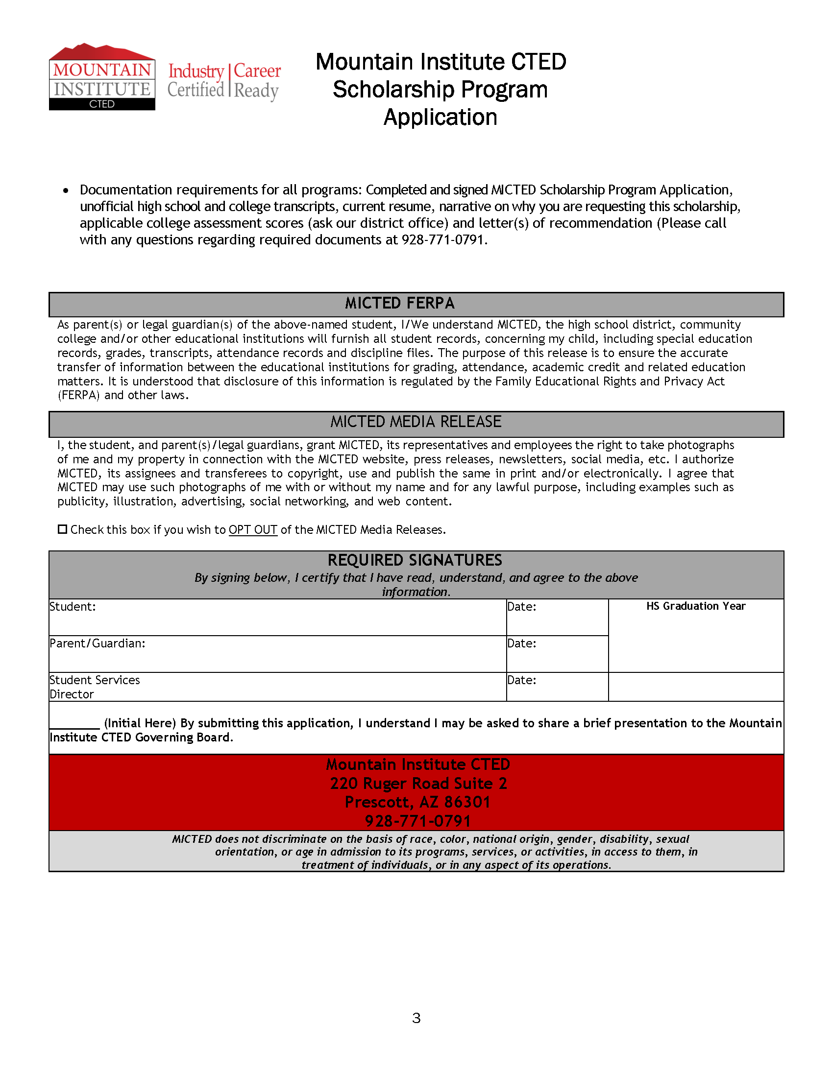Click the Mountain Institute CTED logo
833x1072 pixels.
click(102, 77)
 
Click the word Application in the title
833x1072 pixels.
click(440, 118)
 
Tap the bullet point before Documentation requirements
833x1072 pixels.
click(66, 191)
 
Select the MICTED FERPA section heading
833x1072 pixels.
click(399, 303)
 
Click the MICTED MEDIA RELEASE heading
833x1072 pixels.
click(416, 422)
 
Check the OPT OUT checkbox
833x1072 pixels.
click(62, 529)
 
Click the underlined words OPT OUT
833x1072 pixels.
click(253, 529)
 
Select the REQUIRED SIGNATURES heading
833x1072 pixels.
click(415, 560)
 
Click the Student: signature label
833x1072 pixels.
click(73, 607)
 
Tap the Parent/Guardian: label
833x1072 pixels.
click(97, 643)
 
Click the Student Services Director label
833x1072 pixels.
click(94, 687)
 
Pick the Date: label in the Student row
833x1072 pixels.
click(522, 607)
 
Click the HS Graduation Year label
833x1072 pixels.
click(695, 606)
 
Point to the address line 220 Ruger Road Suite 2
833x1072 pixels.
click(418, 784)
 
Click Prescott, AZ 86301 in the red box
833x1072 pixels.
click(417, 802)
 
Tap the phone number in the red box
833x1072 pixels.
click(417, 821)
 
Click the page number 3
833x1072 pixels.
click(416, 1018)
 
